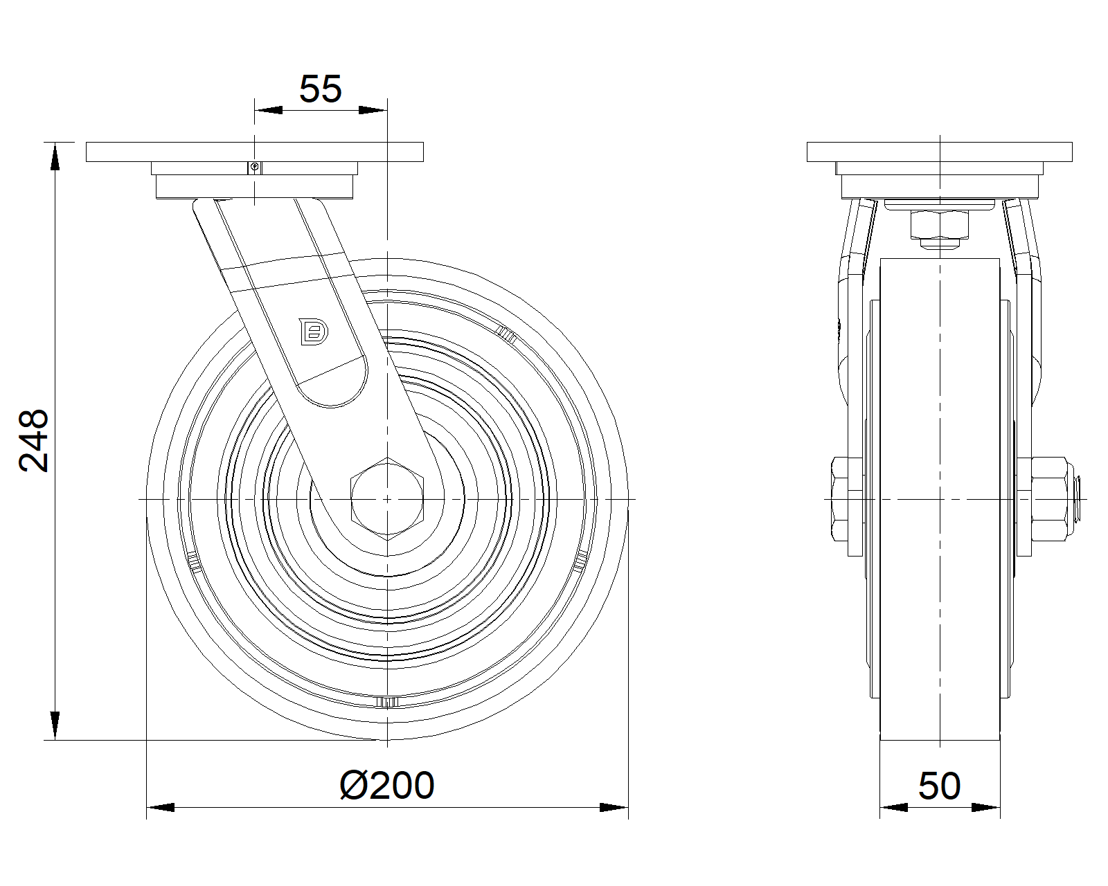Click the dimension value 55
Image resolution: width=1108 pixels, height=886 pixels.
click(320, 89)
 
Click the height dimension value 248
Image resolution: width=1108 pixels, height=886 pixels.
click(33, 441)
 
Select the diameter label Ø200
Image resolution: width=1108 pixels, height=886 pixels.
click(387, 786)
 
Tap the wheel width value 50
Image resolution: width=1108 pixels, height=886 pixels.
click(939, 786)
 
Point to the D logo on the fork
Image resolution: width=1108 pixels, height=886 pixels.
click(314, 332)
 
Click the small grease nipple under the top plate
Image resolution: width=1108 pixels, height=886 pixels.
click(254, 168)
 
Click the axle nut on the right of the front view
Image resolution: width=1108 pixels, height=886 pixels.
click(1048, 499)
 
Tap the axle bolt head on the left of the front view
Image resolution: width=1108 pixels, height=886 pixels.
click(840, 499)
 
